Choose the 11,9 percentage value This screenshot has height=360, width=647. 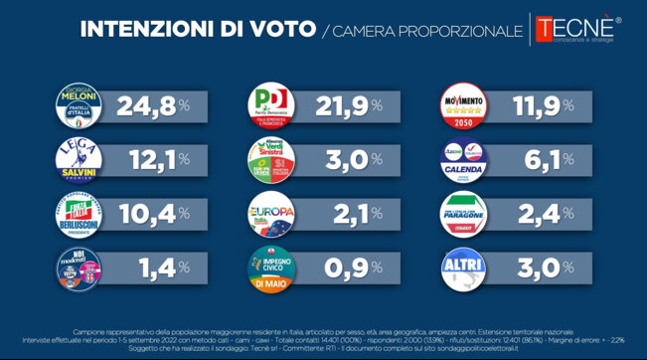click(x=530, y=105)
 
